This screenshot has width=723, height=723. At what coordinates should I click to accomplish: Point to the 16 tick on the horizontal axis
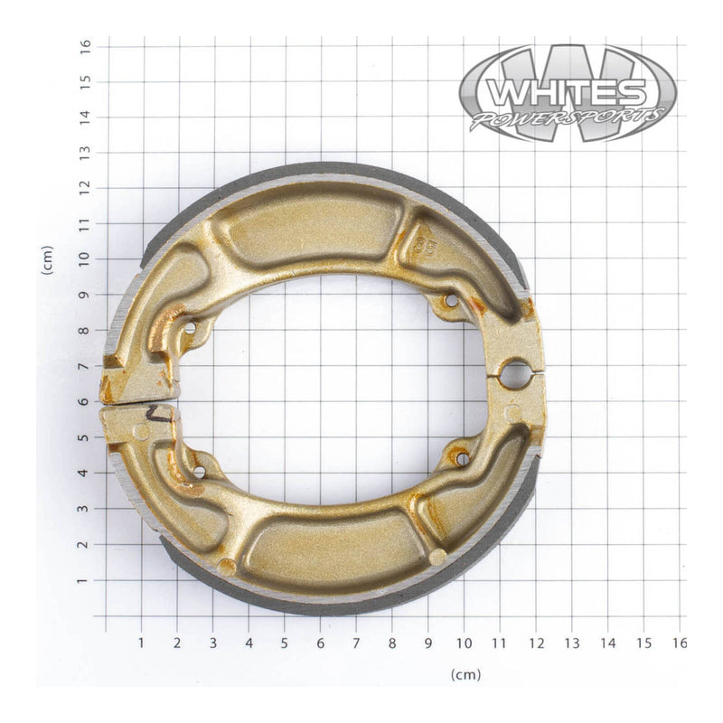tap(679, 643)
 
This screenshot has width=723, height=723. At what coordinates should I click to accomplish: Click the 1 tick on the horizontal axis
tap(141, 643)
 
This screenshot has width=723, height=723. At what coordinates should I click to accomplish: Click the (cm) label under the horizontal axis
tap(465, 674)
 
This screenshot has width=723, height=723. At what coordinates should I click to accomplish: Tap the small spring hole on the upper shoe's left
tap(190, 327)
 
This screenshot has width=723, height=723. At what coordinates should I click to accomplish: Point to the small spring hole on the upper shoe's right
tap(451, 300)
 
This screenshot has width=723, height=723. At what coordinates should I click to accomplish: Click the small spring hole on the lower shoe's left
tap(198, 470)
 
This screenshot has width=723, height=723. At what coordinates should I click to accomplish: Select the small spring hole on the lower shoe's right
tap(462, 458)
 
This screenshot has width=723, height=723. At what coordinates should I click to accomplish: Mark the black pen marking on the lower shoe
tap(160, 415)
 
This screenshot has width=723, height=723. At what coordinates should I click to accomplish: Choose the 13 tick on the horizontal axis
tap(571, 643)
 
